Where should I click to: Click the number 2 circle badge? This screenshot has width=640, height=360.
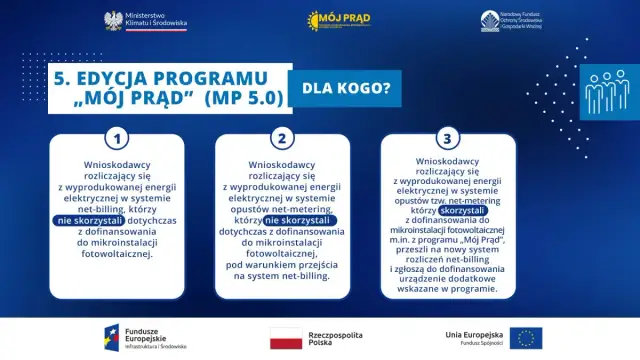coord(283,139)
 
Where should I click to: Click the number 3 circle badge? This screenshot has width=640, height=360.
coord(447,139)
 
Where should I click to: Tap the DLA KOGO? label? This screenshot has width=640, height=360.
coord(338,89)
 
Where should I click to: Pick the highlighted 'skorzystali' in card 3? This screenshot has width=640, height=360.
coord(462,210)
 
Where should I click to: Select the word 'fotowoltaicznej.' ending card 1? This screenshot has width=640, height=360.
coord(120,254)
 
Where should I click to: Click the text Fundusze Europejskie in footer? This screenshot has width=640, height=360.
coord(157,333)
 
